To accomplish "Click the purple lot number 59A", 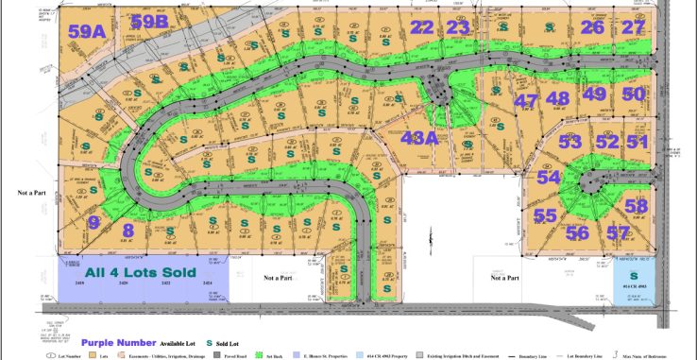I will [x=86, y=30].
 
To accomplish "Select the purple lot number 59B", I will [x=149, y=22].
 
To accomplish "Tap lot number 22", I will [x=422, y=27].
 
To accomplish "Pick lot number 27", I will [x=634, y=27].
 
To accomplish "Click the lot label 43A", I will [x=419, y=138].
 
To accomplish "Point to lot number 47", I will [x=525, y=100].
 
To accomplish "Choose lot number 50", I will [x=634, y=94].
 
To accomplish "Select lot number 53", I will [x=569, y=143].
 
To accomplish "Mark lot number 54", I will [x=548, y=177].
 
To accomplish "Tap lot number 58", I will [x=636, y=206].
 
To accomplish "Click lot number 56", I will [x=577, y=232].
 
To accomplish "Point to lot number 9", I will [x=93, y=223].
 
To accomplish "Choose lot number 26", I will [x=592, y=27].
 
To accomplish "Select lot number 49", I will [x=594, y=94].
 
